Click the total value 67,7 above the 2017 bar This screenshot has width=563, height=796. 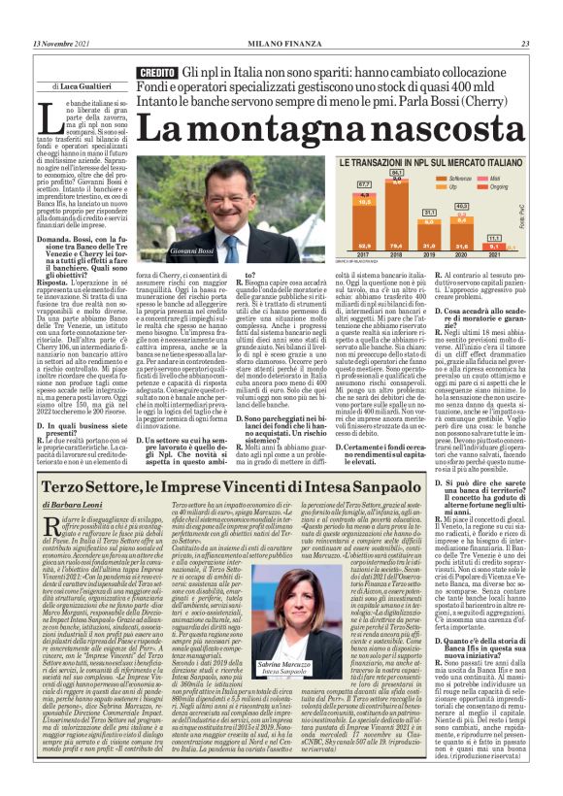coord(364,183)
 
